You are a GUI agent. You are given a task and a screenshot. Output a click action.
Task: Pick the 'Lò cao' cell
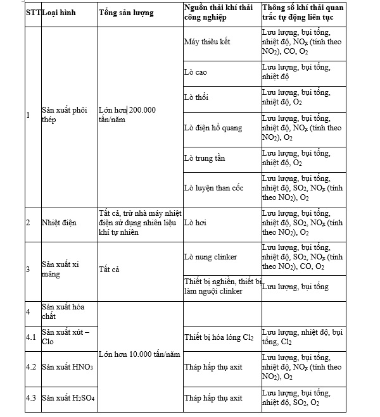pyautogui.click(x=195, y=72)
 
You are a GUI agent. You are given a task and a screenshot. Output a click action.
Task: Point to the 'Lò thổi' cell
pyautogui.click(x=196, y=97)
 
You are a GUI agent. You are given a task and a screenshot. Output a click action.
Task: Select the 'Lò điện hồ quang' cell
pyautogui.click(x=213, y=128)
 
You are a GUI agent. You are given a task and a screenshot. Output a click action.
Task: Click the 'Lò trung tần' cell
pyautogui.click(x=204, y=158)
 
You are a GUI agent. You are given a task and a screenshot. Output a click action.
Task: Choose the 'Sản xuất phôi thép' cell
pyautogui.click(x=64, y=115)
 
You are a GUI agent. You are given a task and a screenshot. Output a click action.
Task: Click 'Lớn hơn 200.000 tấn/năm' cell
pyautogui.click(x=127, y=115)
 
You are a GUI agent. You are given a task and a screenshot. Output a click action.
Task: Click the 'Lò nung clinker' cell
pyautogui.click(x=210, y=257)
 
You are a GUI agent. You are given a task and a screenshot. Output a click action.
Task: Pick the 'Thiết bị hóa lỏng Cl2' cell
pyautogui.click(x=218, y=337)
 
